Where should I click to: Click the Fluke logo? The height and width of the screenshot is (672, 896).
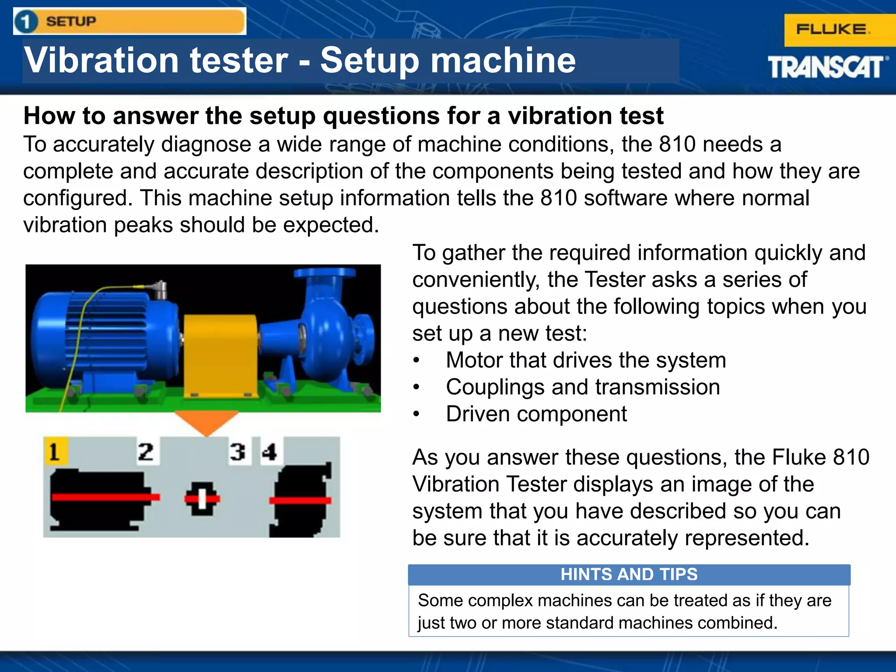pos(833,30)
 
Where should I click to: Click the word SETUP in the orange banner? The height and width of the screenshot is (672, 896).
pos(71,21)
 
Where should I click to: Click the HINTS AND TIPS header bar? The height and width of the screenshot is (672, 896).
pos(629,574)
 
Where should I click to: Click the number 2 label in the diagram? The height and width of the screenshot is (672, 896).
pos(146,451)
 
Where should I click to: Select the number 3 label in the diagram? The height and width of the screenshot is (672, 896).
pos(238,451)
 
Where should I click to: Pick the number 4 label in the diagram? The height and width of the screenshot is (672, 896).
pos(269,451)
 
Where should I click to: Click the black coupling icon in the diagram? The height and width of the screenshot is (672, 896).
pos(202,499)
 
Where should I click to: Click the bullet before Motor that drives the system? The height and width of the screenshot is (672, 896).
pos(416,360)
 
